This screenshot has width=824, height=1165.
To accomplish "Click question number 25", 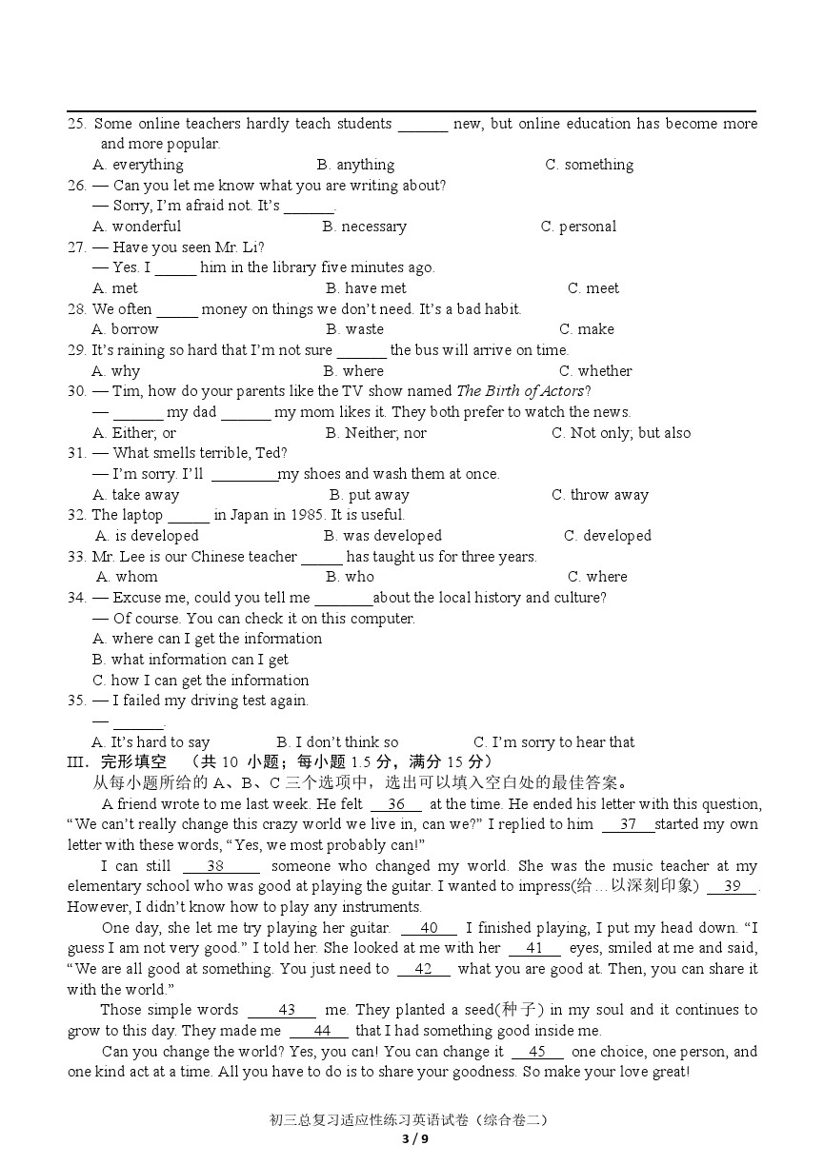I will (x=77, y=124).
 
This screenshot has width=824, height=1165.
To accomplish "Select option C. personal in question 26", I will (x=578, y=227).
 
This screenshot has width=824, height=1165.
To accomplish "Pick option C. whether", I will (x=595, y=371).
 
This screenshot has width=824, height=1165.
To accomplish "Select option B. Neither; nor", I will (x=375, y=433).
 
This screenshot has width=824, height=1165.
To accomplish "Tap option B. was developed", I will (x=383, y=536).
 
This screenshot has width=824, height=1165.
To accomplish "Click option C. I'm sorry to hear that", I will (x=553, y=742).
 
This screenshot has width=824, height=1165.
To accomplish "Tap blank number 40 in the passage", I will (x=429, y=928).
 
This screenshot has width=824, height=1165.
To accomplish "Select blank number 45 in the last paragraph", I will (x=537, y=1052).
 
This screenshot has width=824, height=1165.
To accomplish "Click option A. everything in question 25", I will (x=138, y=165).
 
